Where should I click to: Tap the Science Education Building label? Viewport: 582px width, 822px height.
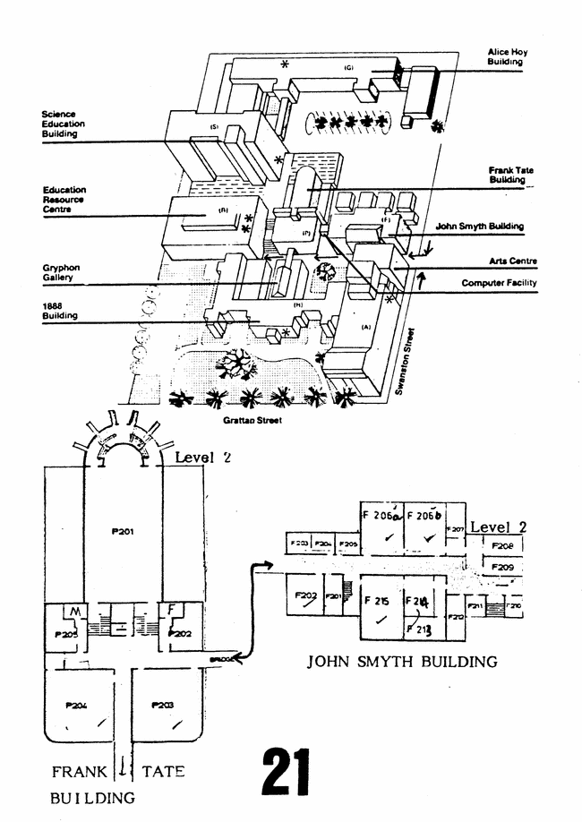[x=64, y=124]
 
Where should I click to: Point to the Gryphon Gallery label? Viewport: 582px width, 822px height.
[x=62, y=272]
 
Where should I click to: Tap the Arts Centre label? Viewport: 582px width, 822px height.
[x=512, y=261]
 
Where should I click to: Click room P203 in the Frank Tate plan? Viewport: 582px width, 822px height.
[x=163, y=705]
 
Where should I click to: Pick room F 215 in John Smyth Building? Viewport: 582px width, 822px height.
[x=376, y=602]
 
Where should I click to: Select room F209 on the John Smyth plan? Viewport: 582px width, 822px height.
[x=502, y=567]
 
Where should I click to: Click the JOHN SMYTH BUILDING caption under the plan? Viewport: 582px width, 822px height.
[x=402, y=663]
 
